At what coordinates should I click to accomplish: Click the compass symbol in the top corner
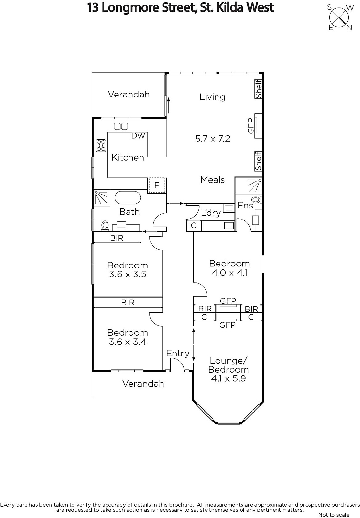click(x=339, y=17)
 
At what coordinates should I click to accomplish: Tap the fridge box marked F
click(x=157, y=185)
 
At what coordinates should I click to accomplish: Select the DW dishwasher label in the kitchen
click(x=138, y=136)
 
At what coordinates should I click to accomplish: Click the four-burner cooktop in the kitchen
click(x=101, y=145)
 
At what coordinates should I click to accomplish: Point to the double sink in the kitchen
click(x=121, y=126)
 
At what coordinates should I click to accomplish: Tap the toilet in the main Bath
click(x=105, y=226)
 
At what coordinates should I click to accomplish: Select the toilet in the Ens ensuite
click(x=256, y=199)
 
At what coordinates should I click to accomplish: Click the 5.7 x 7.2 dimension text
click(x=212, y=139)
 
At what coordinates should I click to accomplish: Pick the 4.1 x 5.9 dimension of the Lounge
click(x=228, y=378)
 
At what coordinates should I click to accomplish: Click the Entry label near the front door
click(x=178, y=354)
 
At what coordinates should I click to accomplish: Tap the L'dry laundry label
click(x=211, y=213)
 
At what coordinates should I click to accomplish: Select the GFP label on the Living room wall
click(x=251, y=126)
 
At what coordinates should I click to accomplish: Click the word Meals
click(x=212, y=180)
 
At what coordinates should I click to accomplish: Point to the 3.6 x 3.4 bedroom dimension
click(x=128, y=342)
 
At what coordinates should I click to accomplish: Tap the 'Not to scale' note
click(x=334, y=515)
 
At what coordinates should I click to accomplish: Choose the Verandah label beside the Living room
click(x=129, y=94)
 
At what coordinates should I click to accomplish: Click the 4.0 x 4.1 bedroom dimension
click(x=230, y=273)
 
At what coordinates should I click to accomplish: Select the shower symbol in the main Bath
click(x=102, y=198)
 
